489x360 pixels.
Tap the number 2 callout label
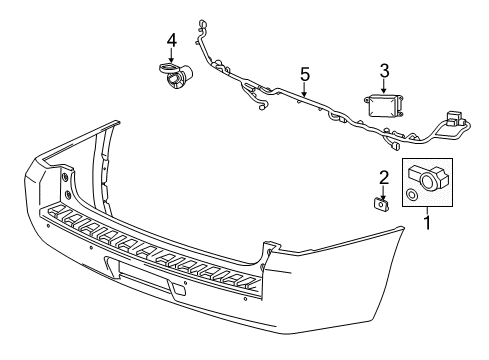pos(383,177)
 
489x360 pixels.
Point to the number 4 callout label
pos(171,40)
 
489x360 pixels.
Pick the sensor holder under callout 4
pos(175,75)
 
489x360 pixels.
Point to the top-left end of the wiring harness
pos(202,22)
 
